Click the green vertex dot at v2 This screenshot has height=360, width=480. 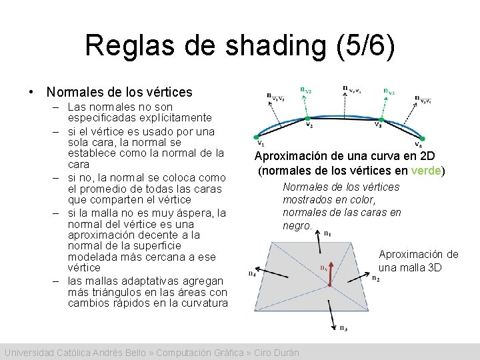click(308, 120)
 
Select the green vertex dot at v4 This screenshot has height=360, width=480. click(418, 138)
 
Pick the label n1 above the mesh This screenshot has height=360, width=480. click(327, 233)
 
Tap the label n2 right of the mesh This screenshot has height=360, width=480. click(377, 278)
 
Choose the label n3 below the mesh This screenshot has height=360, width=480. click(342, 327)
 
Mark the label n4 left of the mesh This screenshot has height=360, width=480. click(252, 273)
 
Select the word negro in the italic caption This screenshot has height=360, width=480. click(297, 225)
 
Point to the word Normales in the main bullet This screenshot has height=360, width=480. click(71, 92)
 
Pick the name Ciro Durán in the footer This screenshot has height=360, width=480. click(275, 352)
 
